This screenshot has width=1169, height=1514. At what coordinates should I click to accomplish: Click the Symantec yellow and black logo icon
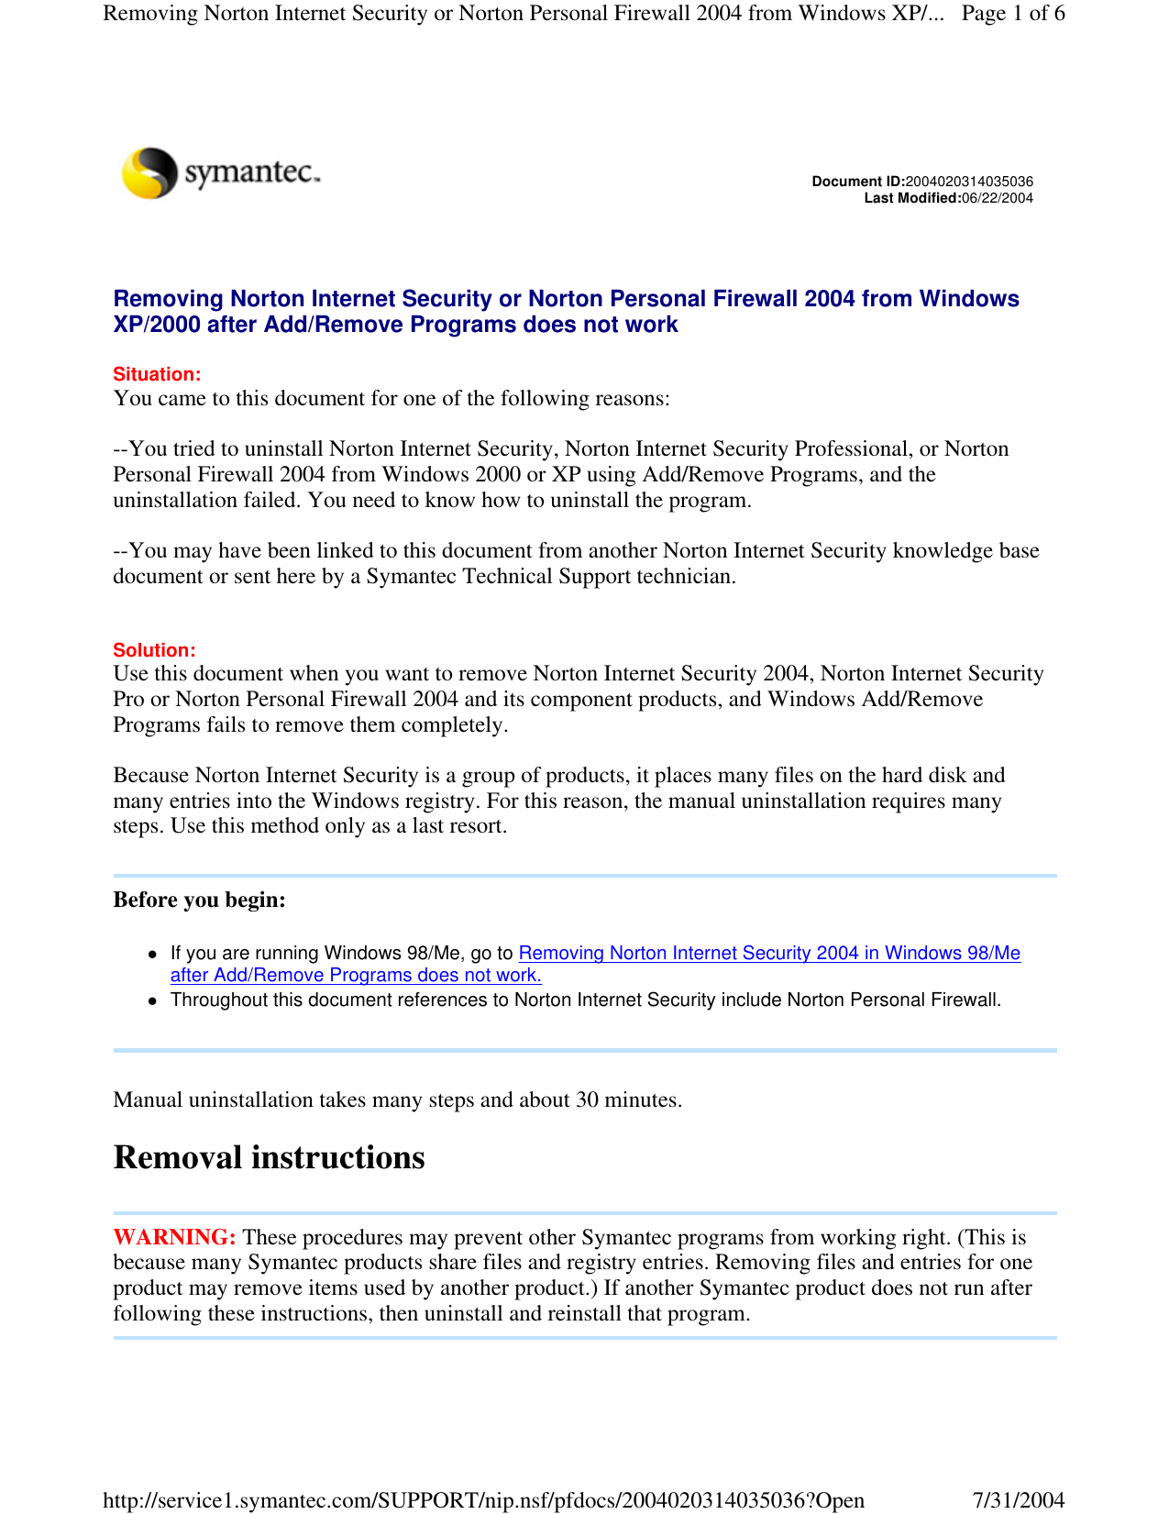(149, 172)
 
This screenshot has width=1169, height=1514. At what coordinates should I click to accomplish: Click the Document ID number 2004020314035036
(969, 182)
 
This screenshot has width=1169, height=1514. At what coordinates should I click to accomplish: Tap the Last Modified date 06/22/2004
(997, 198)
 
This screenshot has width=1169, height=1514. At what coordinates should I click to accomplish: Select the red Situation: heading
(157, 374)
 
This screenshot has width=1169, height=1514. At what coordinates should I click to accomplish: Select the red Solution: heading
(154, 650)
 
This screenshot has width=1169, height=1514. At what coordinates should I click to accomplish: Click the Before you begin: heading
(199, 900)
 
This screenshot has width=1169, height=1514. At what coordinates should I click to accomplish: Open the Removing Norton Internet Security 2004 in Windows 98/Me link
(769, 954)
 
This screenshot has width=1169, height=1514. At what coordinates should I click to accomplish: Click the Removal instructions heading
(269, 1158)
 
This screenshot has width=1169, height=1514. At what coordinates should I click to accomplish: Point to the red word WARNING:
(174, 1237)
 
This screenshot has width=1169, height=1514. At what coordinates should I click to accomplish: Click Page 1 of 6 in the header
(1013, 13)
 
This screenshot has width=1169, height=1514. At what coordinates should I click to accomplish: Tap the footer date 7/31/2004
(1018, 1500)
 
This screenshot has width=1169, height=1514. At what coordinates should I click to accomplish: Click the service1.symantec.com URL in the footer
(483, 1500)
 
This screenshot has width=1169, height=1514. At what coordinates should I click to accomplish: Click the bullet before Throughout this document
(154, 1000)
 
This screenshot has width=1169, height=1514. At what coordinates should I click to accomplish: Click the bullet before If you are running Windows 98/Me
(154, 954)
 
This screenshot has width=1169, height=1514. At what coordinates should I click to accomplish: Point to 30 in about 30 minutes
(587, 1100)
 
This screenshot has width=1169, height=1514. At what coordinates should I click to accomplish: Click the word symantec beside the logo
(252, 171)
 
